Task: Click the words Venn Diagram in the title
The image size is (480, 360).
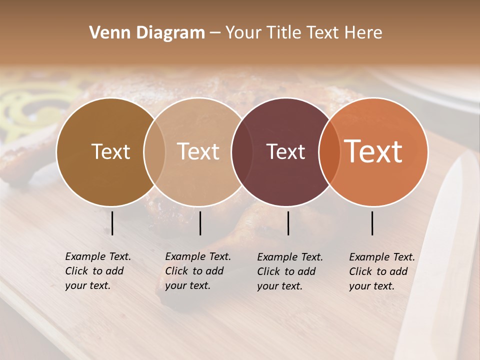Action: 147,33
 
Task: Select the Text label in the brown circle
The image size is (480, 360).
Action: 110,152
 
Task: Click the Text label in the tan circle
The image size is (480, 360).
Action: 198,152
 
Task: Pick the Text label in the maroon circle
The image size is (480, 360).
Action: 285,152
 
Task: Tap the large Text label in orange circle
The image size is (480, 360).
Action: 373,151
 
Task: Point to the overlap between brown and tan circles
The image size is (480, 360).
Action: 154,152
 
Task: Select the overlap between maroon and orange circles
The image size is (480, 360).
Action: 327,152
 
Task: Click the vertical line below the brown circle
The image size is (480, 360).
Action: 112,223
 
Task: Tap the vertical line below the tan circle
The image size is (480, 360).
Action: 200,223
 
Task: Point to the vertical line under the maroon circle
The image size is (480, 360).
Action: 288,223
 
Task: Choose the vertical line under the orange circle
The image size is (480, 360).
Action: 372,223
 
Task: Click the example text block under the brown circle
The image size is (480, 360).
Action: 97,271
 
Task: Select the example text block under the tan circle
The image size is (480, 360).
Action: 197,271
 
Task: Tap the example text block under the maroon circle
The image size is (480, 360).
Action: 289,271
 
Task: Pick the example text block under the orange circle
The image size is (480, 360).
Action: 381,271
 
